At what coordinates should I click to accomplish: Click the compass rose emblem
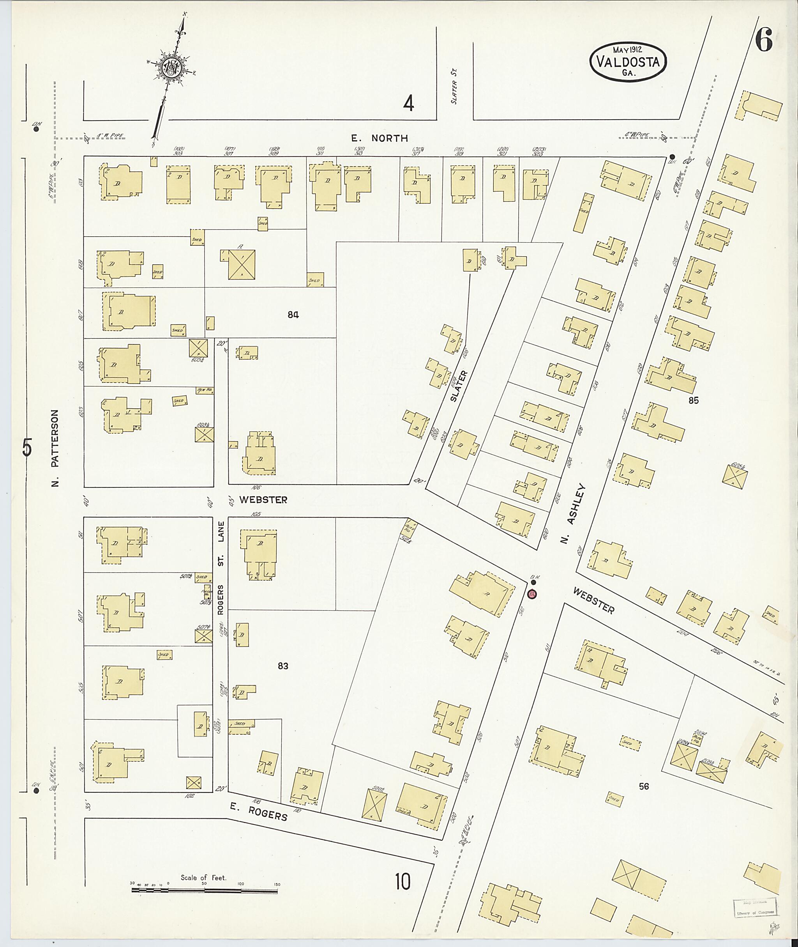172,68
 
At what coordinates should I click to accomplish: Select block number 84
293,314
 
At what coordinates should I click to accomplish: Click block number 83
283,666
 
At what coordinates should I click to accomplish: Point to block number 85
693,400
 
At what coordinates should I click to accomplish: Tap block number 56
643,786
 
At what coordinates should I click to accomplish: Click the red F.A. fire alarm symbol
532,593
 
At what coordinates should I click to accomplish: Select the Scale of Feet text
203,877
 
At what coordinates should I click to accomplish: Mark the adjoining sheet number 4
408,104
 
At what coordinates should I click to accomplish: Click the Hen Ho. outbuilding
205,390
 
